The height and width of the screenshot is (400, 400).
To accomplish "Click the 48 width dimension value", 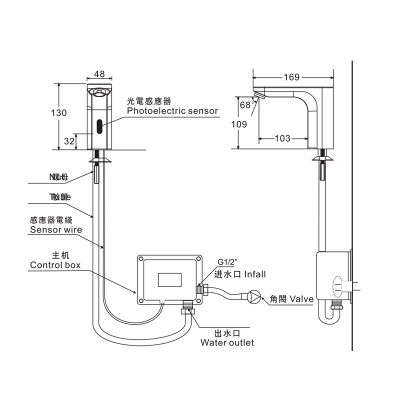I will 99,74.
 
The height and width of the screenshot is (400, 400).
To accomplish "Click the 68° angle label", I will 245,105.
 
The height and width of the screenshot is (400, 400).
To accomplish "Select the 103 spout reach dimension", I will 282,138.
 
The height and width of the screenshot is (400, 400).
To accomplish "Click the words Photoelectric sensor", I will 172,111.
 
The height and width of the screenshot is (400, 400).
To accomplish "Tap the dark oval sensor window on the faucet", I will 99,126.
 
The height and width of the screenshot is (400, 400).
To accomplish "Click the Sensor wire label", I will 55,230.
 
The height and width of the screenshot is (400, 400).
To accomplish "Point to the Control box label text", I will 55,265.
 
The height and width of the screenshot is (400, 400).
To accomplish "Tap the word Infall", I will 254,274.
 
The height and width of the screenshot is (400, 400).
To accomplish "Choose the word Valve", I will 301,299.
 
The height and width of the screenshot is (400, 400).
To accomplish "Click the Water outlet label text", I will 227,342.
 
